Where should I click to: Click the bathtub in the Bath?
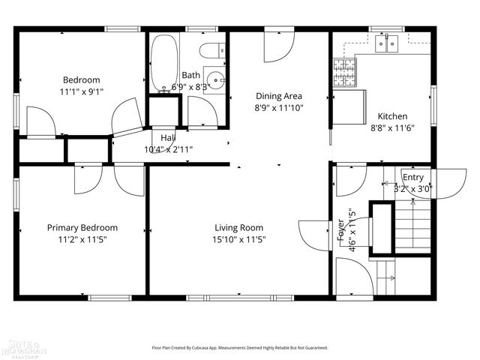pos(163,62)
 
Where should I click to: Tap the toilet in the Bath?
pos(213,51)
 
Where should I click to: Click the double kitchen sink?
pos(388,45)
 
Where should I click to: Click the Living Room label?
pos(238,228)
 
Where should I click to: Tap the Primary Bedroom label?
pos(82,228)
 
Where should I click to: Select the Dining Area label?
pos(278,95)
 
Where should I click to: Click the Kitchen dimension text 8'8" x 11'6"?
pos(391,127)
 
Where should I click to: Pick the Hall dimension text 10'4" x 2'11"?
pos(168,148)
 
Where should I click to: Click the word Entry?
pos(412,177)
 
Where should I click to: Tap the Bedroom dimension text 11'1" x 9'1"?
pos(82,91)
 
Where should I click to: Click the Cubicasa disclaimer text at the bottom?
pos(240,347)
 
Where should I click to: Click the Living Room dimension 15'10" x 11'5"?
pos(238,240)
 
